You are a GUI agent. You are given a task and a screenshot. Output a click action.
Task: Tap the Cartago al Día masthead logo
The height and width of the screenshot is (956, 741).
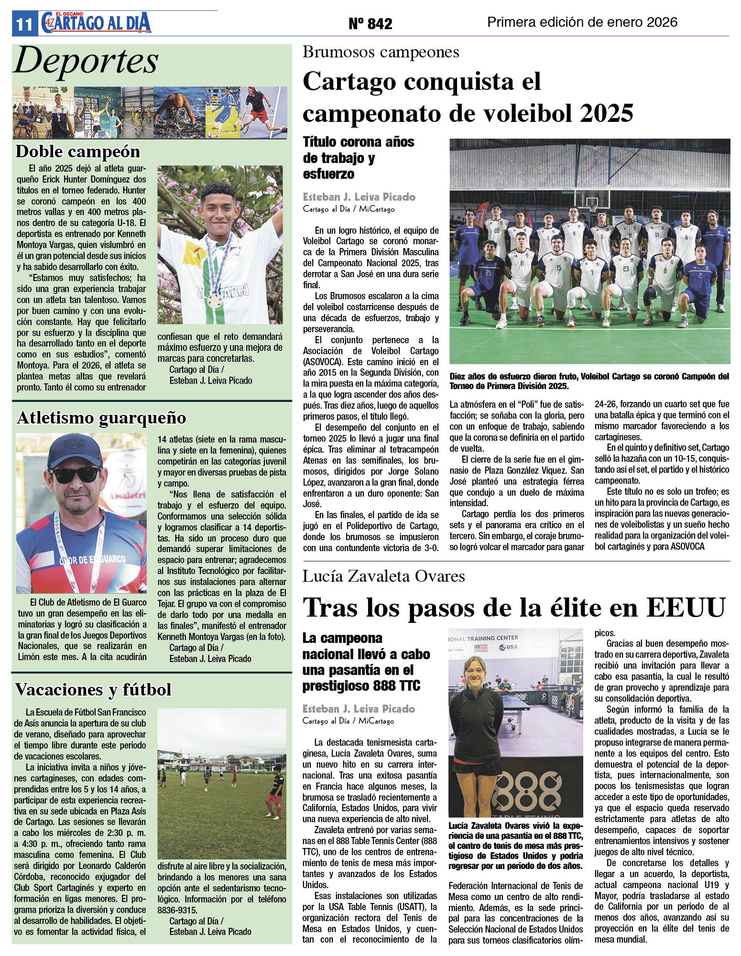coord(96,23)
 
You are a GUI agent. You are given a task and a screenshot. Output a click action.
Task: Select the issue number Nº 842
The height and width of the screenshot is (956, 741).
coord(370,23)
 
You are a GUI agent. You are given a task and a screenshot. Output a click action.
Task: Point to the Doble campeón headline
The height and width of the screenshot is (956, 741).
coord(78,152)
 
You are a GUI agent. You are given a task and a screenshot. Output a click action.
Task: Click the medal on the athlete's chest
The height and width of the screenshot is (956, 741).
coord(215,300)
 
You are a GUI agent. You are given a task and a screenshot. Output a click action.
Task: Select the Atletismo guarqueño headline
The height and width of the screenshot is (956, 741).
coord(101,418)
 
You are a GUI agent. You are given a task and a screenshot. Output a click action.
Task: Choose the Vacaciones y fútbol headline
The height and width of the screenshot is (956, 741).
coord(93,689)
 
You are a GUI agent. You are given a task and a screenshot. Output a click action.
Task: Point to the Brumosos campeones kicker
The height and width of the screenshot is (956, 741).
coord(381,52)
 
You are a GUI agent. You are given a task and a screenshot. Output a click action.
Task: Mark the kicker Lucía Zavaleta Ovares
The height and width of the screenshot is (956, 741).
coord(383,576)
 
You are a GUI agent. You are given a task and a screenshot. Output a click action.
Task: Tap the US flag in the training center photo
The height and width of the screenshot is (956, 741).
coord(481,648)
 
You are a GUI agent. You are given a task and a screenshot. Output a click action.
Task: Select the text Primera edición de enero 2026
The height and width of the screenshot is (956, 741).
coord(582,22)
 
